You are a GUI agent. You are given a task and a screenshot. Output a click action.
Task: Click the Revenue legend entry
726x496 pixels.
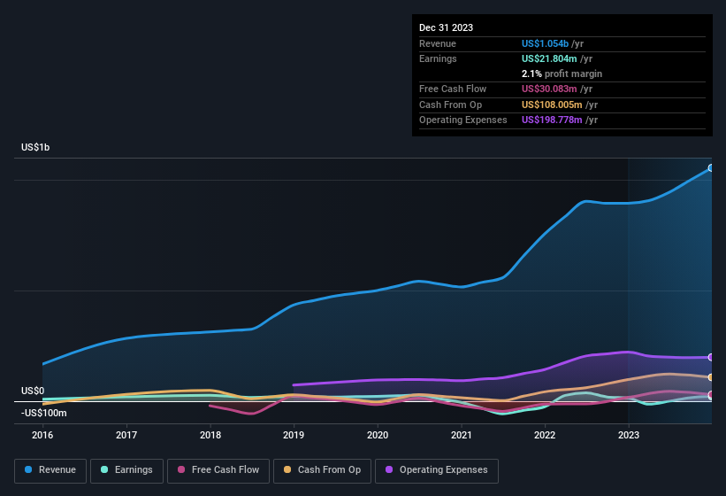50,470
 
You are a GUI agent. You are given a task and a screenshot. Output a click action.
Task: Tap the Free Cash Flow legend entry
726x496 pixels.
218,470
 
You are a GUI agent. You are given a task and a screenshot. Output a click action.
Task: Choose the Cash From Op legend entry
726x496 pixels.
321,470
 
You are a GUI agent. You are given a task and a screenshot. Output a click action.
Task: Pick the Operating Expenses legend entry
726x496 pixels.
437,470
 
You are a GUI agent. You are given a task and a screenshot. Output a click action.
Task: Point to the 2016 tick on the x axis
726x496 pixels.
42,435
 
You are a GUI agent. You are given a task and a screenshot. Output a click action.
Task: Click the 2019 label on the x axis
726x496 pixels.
294,435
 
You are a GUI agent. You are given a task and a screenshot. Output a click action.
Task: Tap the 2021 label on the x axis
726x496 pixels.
461,435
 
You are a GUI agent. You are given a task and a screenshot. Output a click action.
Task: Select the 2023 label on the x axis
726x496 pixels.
629,435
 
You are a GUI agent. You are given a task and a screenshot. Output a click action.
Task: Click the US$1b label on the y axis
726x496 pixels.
35,147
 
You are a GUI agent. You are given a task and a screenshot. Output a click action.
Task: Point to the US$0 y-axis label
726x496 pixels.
33,391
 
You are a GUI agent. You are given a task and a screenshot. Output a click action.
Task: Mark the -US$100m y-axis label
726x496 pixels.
44,413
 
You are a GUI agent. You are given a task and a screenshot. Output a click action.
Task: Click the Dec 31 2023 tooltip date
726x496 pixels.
446,27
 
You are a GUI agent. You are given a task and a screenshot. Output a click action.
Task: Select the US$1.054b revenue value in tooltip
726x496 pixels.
551,43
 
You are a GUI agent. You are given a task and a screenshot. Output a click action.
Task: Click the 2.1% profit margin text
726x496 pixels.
562,74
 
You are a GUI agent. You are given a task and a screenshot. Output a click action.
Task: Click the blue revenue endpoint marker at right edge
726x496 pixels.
711,167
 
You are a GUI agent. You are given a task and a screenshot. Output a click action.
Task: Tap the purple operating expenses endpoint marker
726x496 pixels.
711,357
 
